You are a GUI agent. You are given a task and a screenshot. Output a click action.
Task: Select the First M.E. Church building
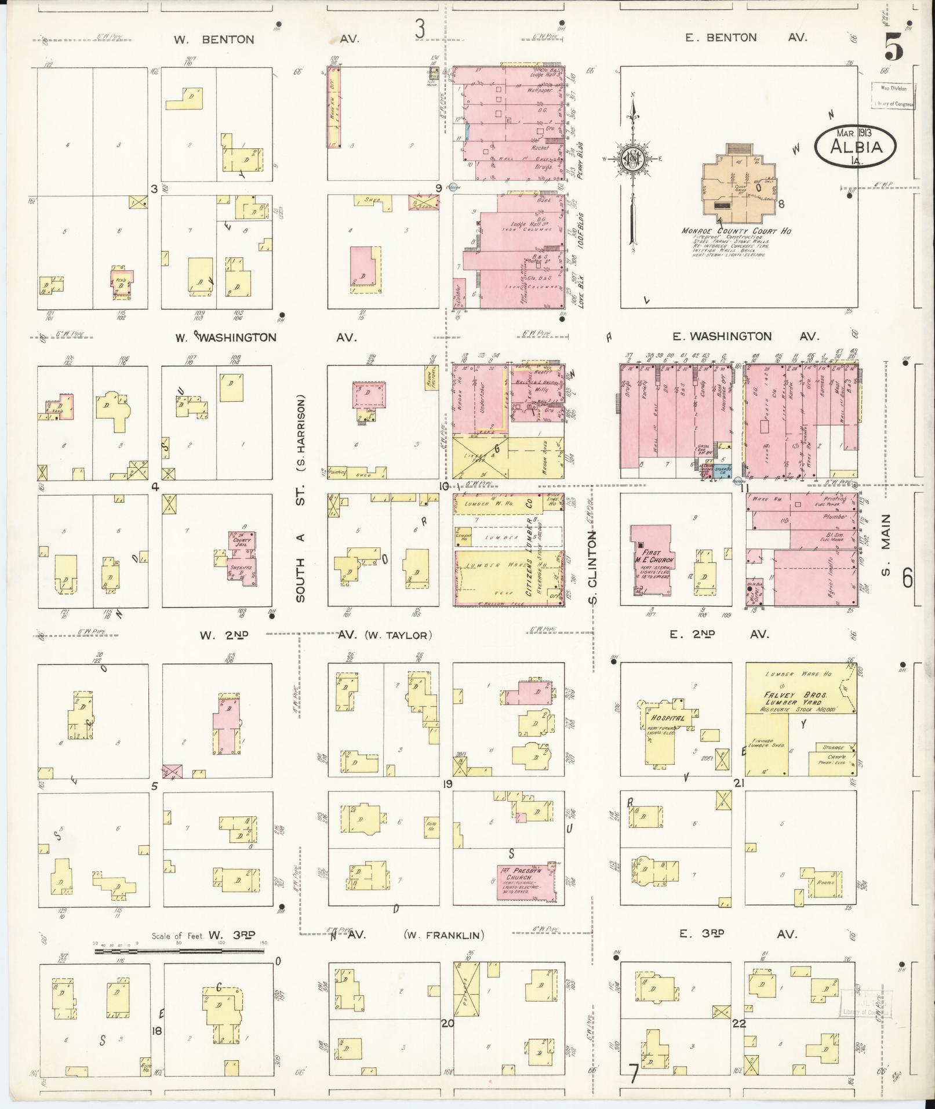click(x=652, y=560)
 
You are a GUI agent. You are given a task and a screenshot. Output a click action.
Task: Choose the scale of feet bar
click(x=180, y=951)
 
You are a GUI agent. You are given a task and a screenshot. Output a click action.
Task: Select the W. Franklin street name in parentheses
click(x=444, y=935)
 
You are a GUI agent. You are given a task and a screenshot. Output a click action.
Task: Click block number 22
click(x=738, y=1023)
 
